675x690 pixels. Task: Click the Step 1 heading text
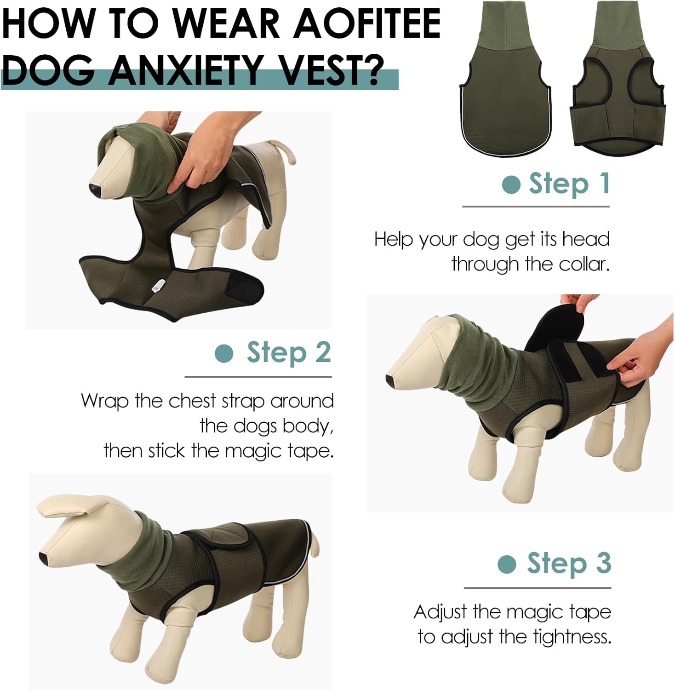point(569,184)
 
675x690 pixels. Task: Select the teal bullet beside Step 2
point(224,353)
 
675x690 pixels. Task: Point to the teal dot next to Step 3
point(507,564)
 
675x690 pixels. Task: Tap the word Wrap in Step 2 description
point(104,401)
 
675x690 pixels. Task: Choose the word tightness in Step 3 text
point(572,637)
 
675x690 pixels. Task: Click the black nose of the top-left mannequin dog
point(94,190)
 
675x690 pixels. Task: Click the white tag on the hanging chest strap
point(156,286)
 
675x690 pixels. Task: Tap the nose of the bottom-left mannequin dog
point(43,558)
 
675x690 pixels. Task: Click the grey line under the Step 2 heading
point(258,377)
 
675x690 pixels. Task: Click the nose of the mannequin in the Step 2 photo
point(390,380)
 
